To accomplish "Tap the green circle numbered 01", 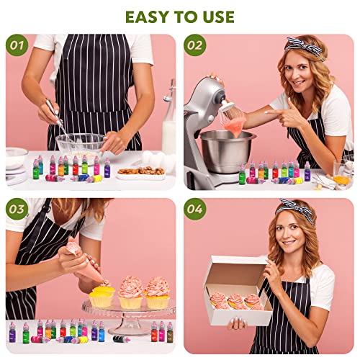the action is coord(17,45).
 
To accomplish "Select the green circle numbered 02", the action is coord(195,45).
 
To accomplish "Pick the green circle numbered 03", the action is coord(17,209).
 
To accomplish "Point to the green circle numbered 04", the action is coord(195,209).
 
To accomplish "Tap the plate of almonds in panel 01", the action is coord(141,174).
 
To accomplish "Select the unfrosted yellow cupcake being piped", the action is coord(102,297).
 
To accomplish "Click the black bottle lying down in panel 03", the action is coord(122,339).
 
